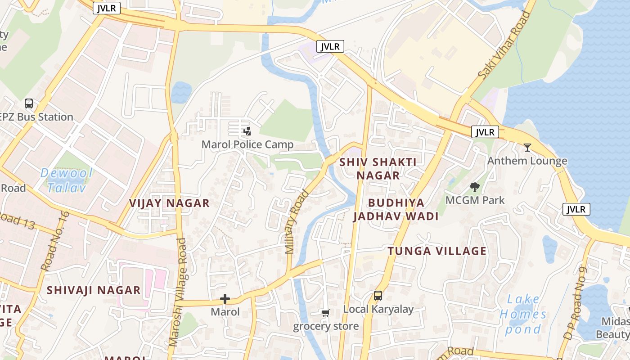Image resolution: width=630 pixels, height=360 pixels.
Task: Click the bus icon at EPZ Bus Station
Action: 29,103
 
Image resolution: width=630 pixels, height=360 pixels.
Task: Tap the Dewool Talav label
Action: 67,180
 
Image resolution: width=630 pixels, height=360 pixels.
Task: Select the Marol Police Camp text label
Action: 247,144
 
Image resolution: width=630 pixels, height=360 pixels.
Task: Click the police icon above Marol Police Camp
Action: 247,131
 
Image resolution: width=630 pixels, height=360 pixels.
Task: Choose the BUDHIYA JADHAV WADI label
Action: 396,209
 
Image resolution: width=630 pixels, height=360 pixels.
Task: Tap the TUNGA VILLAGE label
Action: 437,251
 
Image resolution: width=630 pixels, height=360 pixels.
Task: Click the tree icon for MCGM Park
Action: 474,187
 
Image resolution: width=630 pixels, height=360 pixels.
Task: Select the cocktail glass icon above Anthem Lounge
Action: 527,147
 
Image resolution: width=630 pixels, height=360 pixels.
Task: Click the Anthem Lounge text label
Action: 527,161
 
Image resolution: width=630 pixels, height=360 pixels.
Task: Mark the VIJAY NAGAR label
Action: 169,203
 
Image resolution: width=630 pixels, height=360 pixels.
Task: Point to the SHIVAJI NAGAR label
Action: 94,290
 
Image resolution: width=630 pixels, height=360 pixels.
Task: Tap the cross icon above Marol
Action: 225,299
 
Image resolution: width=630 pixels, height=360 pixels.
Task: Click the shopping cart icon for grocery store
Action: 325,313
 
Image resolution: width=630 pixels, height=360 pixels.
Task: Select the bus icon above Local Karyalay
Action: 378,296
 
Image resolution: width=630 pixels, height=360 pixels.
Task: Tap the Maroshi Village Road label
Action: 178,292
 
